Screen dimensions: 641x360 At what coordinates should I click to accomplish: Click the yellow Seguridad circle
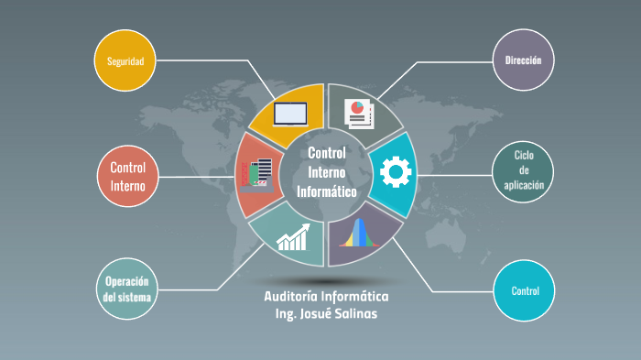(125, 61)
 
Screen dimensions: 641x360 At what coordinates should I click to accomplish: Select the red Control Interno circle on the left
(127, 176)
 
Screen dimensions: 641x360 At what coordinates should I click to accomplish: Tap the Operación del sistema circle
(127, 289)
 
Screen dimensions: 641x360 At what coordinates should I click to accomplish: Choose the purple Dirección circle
(523, 60)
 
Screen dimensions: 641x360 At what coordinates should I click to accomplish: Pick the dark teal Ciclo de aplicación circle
(522, 170)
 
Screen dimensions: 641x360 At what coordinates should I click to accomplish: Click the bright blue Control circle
(524, 291)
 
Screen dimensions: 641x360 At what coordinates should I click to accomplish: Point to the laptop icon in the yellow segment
(290, 114)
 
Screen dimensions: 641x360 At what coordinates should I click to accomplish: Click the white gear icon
(396, 171)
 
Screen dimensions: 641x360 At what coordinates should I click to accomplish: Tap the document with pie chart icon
(357, 114)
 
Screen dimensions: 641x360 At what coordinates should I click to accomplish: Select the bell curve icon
(358, 234)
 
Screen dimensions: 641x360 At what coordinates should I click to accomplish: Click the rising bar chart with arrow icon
(294, 237)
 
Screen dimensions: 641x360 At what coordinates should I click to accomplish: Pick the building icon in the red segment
(257, 174)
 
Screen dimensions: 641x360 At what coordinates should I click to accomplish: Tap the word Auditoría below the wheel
(295, 297)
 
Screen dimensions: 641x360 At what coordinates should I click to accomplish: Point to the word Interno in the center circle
(326, 172)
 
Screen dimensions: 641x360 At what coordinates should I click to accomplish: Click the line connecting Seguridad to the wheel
(211, 60)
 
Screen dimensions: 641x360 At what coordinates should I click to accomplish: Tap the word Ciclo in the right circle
(523, 155)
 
